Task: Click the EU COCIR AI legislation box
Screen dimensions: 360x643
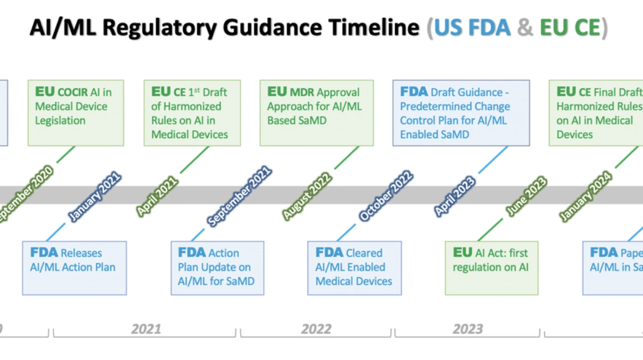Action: tap(76, 113)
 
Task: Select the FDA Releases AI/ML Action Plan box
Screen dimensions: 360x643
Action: tap(74, 268)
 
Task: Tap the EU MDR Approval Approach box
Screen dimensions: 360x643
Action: tap(316, 113)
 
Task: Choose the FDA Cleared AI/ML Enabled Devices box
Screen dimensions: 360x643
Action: tap(354, 268)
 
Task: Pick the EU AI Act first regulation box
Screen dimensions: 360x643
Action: tap(491, 268)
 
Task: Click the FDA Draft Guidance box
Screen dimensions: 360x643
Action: tap(461, 113)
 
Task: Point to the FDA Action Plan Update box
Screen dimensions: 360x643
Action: tap(217, 268)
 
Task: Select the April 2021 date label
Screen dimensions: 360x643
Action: tap(157, 196)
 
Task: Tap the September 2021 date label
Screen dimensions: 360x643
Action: tap(239, 196)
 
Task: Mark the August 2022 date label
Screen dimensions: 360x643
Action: tap(307, 196)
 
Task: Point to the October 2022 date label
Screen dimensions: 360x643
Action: tap(385, 196)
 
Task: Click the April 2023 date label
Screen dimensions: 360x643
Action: tap(454, 196)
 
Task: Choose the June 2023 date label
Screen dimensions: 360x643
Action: tap(525, 196)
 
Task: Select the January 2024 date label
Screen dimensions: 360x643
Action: tap(586, 196)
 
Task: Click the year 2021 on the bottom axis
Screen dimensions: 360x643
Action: tap(146, 329)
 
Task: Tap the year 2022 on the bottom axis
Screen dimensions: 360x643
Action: tap(316, 329)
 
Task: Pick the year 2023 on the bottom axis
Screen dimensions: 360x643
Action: tap(468, 329)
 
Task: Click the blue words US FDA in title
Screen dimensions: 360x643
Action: tap(472, 28)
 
